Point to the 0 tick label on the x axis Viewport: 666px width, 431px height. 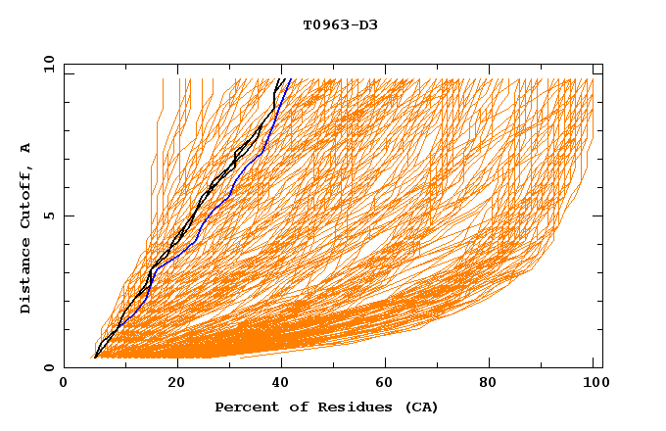pos(65,383)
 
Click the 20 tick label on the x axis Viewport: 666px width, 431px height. pos(177,383)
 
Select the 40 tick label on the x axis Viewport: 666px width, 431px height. pos(284,383)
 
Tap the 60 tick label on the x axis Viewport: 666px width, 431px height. pos(390,383)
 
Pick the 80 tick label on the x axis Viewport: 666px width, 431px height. pos(496,383)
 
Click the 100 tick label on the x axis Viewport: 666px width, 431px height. pos(593,383)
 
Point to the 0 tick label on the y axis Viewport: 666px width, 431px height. pos(49,367)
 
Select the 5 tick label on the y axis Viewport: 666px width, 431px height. pos(49,215)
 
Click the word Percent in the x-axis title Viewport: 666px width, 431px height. pos(244,407)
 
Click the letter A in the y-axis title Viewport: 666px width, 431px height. pos(26,148)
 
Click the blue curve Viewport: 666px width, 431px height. pos(227,199)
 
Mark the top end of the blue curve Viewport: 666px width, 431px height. pos(291,78)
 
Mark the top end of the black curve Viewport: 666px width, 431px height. pos(282,78)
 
